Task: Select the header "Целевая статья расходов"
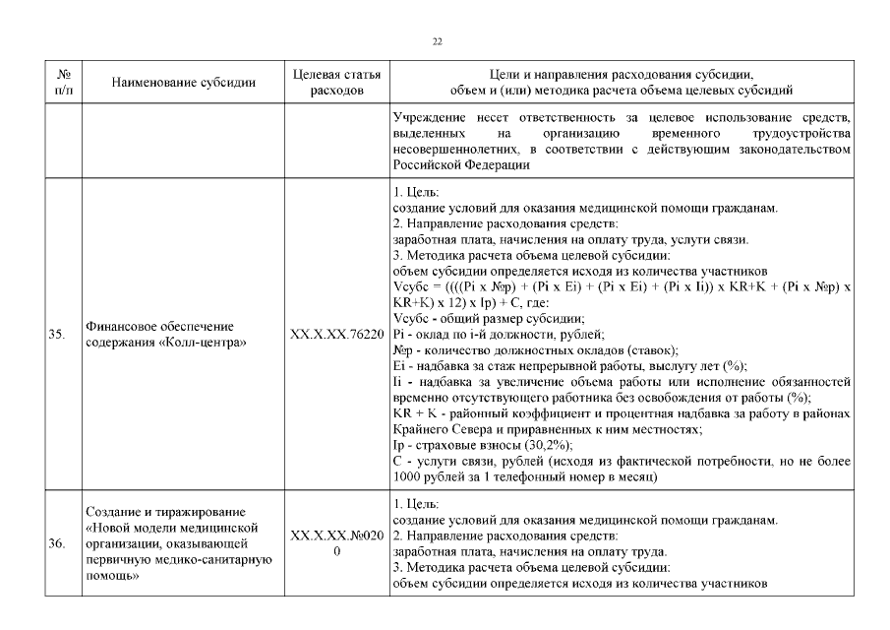click(x=337, y=82)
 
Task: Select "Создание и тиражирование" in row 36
click(x=163, y=511)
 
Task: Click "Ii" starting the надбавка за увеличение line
click(x=397, y=381)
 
